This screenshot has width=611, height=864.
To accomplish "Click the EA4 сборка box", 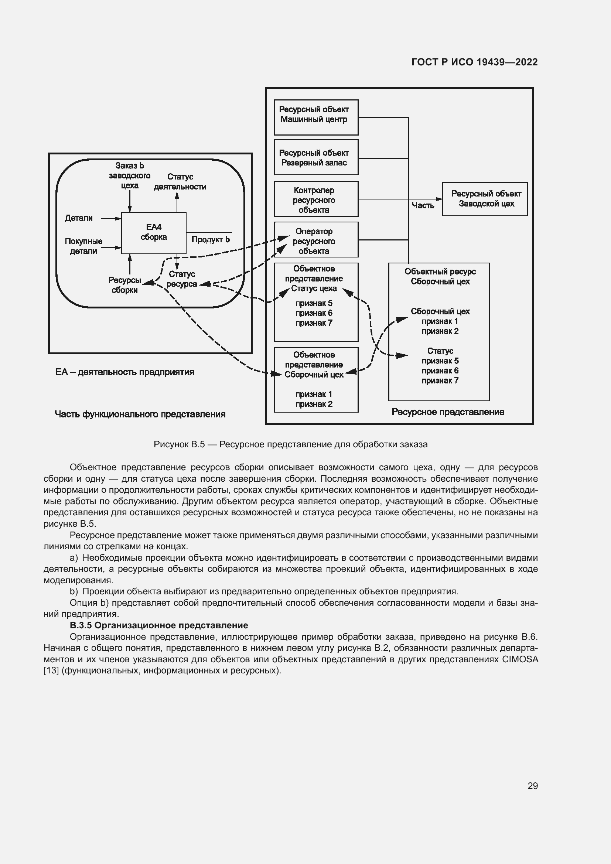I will [x=154, y=233].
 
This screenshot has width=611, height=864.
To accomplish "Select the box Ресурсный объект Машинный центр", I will [x=316, y=117].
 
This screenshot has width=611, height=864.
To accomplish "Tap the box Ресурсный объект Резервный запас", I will [x=316, y=157].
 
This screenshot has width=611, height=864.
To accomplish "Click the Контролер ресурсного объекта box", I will [x=316, y=199].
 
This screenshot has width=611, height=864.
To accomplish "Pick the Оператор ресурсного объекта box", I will [x=316, y=240].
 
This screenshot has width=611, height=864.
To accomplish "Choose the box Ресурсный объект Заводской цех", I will [x=485, y=199].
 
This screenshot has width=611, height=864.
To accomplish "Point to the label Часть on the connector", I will [x=423, y=205].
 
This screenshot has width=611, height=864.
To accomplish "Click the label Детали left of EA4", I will [x=79, y=218].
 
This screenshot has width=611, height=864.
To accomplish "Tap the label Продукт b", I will [x=210, y=240].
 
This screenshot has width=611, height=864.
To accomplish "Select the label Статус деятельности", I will [x=180, y=182].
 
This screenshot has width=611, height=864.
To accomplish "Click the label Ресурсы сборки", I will [x=124, y=285].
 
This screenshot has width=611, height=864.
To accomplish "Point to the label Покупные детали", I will [x=83, y=246].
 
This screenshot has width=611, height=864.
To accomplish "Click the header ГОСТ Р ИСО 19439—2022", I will [x=474, y=62].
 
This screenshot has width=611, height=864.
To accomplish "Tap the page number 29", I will [x=532, y=786].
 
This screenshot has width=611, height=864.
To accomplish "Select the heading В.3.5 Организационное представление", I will [x=159, y=625].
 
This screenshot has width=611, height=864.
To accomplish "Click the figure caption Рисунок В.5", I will [x=290, y=444].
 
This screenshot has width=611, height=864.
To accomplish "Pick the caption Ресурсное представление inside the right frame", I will [x=448, y=412].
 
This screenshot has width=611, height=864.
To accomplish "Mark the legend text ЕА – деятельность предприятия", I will [x=125, y=372].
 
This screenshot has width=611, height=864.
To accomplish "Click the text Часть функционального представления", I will [x=140, y=414].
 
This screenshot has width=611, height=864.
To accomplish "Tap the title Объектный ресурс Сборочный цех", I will [x=440, y=277].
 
